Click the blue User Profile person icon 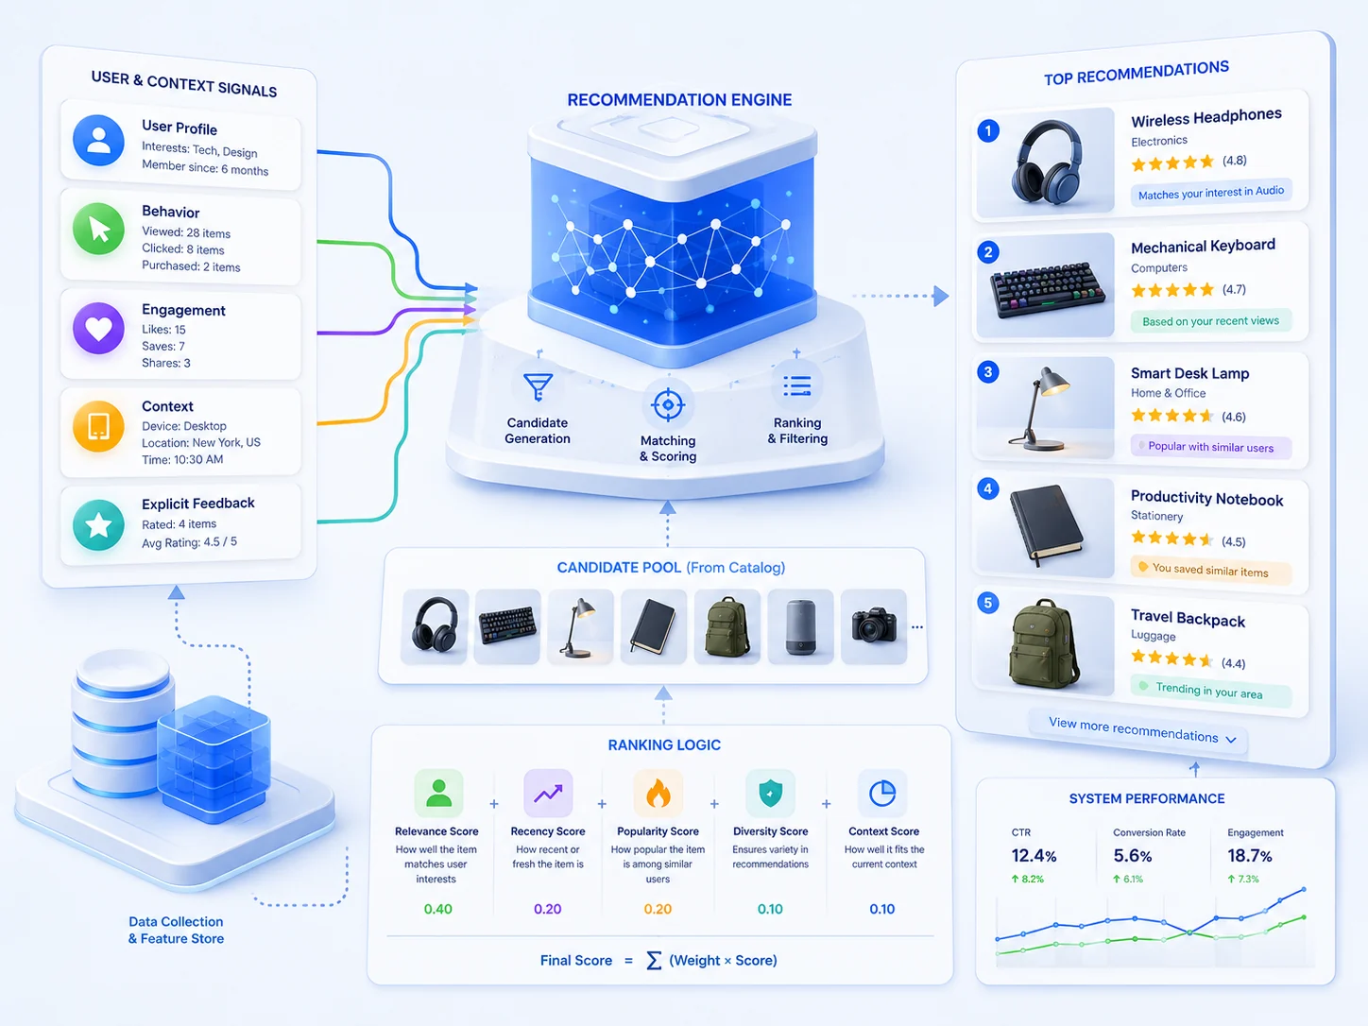(x=98, y=140)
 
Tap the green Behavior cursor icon (x=98, y=229)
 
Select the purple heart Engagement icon (x=98, y=328)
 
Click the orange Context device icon (x=98, y=426)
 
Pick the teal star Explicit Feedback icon (x=98, y=525)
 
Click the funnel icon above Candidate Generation (x=538, y=386)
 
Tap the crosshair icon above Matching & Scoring (x=668, y=405)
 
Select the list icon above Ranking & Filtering (x=797, y=386)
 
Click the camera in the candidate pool (x=874, y=625)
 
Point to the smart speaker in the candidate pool (x=800, y=626)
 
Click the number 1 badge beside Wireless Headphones (x=988, y=130)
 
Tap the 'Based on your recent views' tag (x=1210, y=321)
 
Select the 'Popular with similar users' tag (x=1210, y=447)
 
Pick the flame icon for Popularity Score (x=658, y=794)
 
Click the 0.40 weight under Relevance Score (x=438, y=909)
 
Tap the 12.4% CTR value (x=1034, y=855)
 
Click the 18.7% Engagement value (x=1250, y=855)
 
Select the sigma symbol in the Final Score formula (x=654, y=960)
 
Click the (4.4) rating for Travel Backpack (x=1234, y=663)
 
